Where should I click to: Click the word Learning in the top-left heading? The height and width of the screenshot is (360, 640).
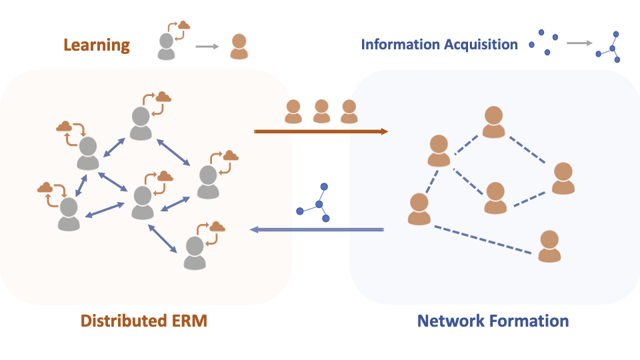97,45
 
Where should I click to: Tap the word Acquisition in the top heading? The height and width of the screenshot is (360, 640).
479,45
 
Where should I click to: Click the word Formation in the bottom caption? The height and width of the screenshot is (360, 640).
531,321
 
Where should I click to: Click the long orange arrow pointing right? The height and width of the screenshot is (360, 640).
321,132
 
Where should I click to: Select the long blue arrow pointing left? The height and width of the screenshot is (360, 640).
317,230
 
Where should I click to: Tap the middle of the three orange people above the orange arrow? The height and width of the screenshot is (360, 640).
321,111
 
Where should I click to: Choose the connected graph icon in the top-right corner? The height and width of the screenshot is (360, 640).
609,46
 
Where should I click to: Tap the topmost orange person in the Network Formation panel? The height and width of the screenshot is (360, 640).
493,122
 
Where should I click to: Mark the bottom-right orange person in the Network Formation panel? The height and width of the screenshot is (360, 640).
549,246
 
